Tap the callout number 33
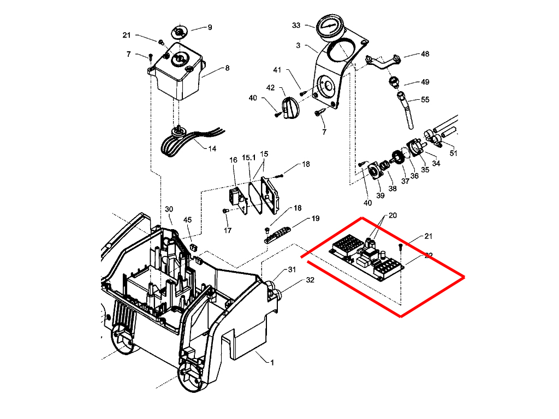click(296, 26)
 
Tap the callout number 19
click(316, 219)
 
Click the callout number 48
click(425, 55)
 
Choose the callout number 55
click(425, 100)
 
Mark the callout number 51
click(454, 153)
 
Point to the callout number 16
click(233, 160)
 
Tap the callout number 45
click(188, 220)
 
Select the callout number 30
click(169, 209)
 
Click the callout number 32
click(310, 280)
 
